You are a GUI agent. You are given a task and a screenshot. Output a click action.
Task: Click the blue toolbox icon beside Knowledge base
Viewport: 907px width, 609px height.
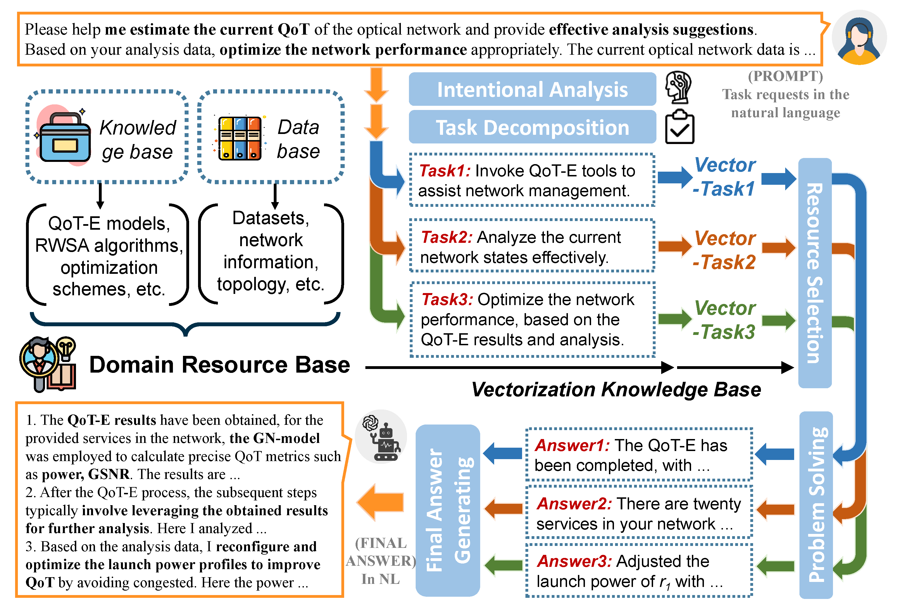tap(65, 137)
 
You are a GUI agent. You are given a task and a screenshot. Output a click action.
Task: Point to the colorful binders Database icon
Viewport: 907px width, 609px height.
tap(239, 138)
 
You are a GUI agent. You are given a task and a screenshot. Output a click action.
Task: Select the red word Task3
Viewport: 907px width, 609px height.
tap(447, 299)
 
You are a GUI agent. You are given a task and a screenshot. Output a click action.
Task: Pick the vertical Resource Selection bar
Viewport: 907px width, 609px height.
tap(815, 273)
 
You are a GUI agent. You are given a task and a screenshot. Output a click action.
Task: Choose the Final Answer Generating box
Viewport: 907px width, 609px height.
tap(448, 510)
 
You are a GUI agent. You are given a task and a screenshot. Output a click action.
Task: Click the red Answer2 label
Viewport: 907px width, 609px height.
tap(573, 504)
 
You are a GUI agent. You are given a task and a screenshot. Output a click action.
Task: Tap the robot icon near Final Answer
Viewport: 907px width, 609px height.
tap(382, 437)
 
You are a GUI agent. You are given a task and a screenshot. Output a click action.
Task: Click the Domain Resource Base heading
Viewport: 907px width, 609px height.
tap(219, 365)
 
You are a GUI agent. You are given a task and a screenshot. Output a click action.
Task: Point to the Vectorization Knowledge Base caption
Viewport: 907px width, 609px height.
tap(616, 389)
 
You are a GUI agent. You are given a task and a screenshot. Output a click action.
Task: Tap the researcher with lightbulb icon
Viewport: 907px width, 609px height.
tap(48, 364)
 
